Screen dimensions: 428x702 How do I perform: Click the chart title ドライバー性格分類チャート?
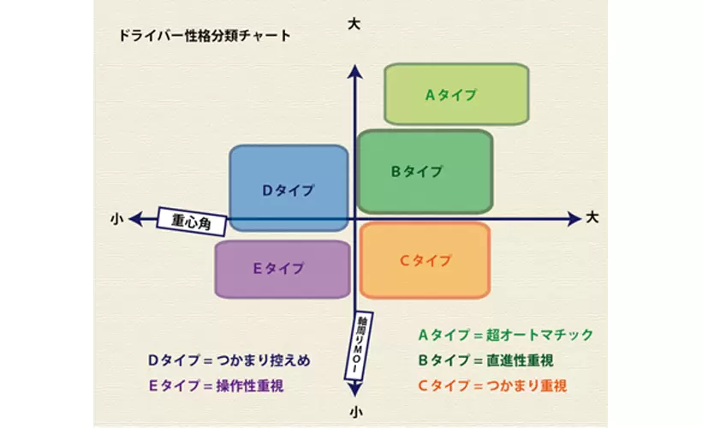(x=205, y=37)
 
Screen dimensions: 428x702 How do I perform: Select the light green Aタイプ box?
(x=455, y=94)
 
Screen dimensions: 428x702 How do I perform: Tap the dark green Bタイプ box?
(x=424, y=171)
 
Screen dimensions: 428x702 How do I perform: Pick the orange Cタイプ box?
(x=425, y=260)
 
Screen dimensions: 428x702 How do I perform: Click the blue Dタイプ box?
(x=289, y=189)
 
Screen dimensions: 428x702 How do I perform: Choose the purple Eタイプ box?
(x=282, y=268)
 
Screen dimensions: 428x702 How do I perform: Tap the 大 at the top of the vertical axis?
(x=354, y=25)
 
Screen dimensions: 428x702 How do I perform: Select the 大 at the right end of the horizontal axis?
(x=592, y=217)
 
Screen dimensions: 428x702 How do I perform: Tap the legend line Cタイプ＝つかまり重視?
(x=491, y=386)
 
